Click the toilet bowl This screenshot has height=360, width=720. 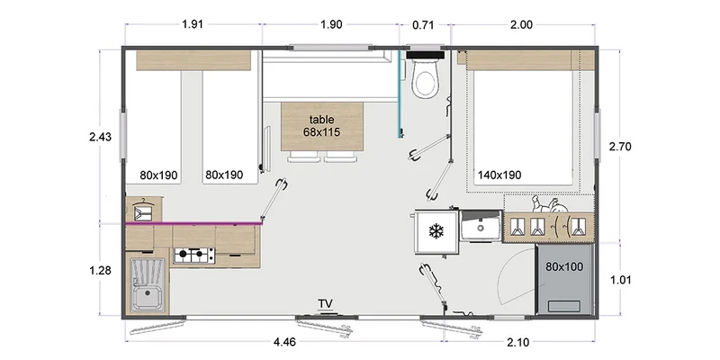click(x=425, y=80)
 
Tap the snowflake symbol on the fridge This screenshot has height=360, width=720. click(x=436, y=231)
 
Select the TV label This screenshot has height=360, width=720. click(x=326, y=303)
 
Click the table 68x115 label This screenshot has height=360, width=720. click(x=321, y=126)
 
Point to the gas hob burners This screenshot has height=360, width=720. click(x=193, y=255)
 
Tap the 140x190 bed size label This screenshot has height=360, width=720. click(x=499, y=175)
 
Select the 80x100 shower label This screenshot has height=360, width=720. click(x=564, y=266)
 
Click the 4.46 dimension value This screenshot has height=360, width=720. click(x=284, y=342)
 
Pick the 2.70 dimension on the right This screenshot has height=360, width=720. click(x=619, y=147)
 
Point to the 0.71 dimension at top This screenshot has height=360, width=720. click(x=423, y=25)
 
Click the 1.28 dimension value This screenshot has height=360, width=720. click(x=100, y=271)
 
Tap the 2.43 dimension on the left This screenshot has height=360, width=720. click(x=100, y=137)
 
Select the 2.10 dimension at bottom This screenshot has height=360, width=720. click(x=519, y=342)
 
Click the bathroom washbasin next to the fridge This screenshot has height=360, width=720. click(x=481, y=226)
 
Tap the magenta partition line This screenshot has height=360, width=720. click(x=193, y=223)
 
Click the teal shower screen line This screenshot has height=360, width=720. click(x=400, y=94)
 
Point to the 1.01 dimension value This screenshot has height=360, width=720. click(x=619, y=280)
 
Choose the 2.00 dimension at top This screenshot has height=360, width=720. click(x=522, y=25)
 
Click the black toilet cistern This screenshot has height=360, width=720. click(x=425, y=55)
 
